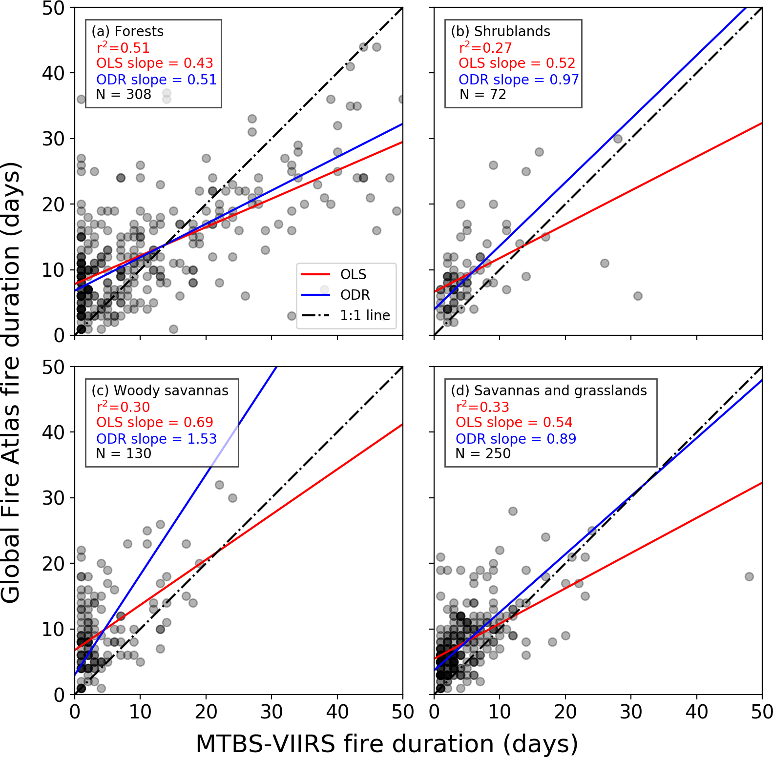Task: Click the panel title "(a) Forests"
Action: pos(127,31)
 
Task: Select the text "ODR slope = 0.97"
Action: pos(518,80)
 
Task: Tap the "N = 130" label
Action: pos(124,453)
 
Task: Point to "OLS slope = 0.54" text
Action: pos(514,422)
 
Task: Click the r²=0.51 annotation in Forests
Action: pos(123,48)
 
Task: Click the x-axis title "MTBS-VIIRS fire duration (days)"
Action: pos(387,744)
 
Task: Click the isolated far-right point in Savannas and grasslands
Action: pos(749,576)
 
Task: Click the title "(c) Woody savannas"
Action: pos(160,390)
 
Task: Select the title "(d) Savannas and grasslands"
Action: pos(548,390)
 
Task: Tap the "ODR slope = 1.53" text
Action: pos(156,439)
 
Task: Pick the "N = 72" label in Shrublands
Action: pos(482,94)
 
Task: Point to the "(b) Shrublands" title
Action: pos(501,31)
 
